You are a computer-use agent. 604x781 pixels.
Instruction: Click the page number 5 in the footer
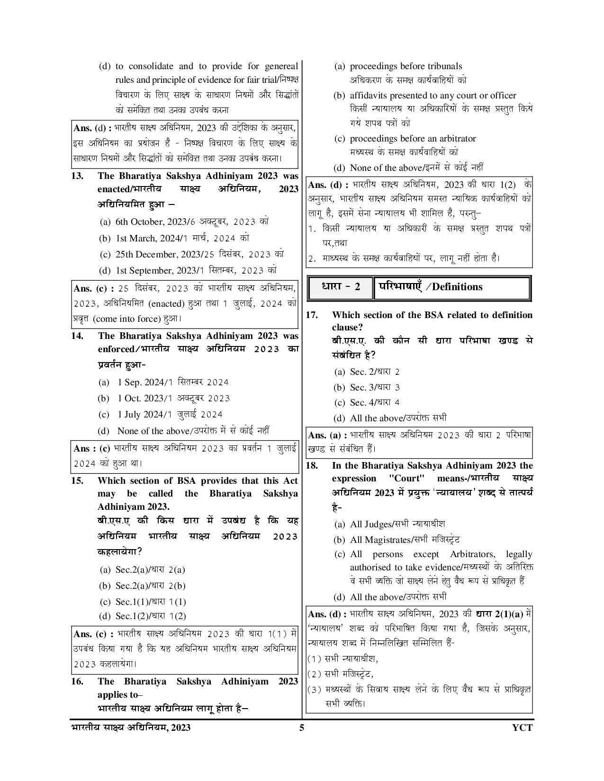coord(302,728)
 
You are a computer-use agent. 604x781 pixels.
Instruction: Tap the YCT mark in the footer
coord(522,728)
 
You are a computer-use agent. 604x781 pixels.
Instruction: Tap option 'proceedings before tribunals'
coord(406,66)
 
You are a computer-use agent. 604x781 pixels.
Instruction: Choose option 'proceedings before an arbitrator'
coord(413,139)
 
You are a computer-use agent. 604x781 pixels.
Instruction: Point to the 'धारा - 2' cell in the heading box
coord(341,287)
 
